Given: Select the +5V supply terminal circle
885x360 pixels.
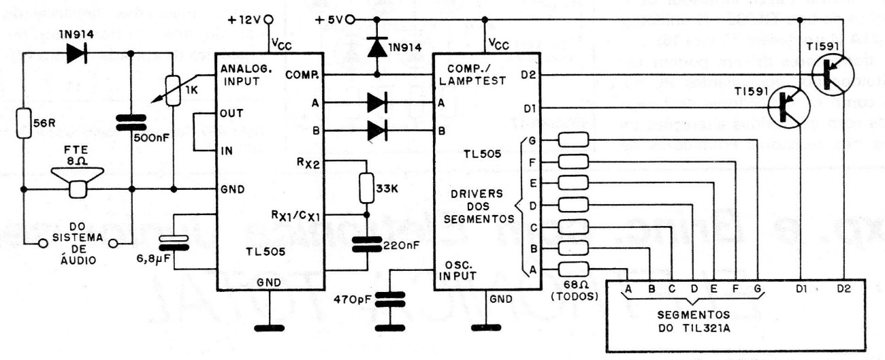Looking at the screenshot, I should (350, 20).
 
